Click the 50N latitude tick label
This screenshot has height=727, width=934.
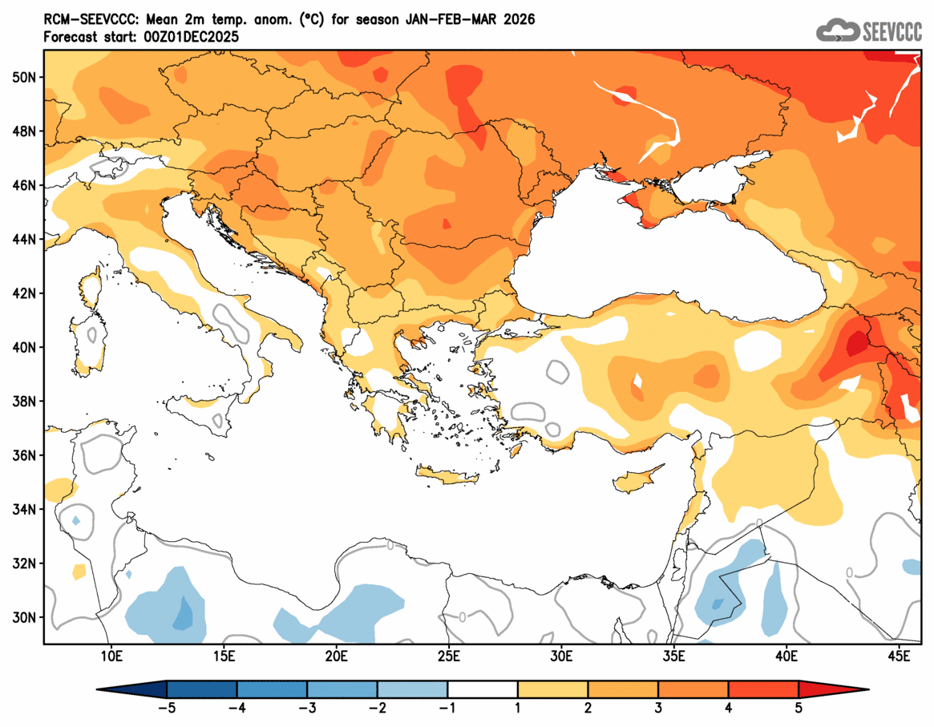(25, 77)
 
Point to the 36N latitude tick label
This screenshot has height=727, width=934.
(25, 455)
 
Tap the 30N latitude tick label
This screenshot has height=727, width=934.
(25, 617)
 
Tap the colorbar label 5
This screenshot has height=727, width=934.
(799, 708)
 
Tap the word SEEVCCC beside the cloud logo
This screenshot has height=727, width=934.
(891, 32)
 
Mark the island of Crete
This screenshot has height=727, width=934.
(447, 477)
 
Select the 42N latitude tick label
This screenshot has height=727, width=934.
(25, 293)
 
